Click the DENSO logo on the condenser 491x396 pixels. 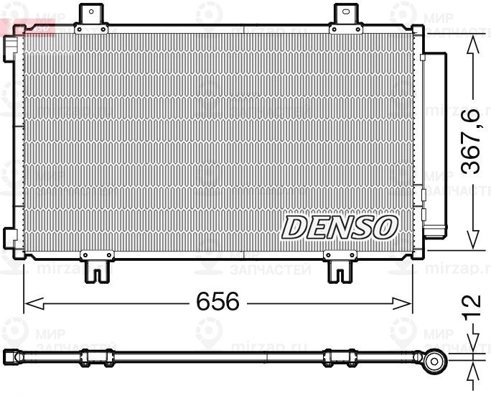339,227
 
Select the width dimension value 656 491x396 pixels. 218,303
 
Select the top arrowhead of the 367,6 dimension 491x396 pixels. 472,45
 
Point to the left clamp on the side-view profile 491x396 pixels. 96,357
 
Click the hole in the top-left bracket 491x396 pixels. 91,11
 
